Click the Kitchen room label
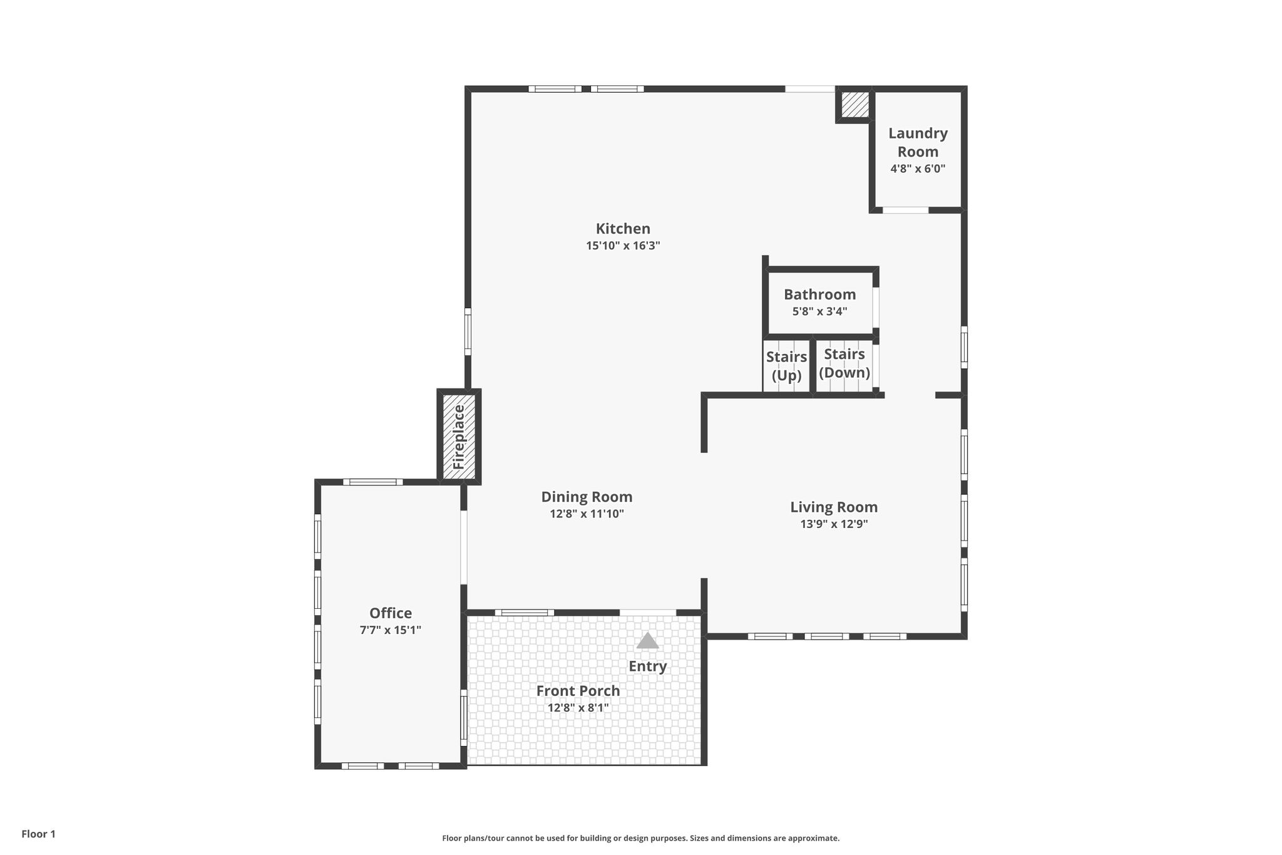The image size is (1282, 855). point(623,229)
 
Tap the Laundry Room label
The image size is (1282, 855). point(918,142)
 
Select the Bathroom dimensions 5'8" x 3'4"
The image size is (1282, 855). point(819,311)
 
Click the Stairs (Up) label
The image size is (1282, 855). point(786,366)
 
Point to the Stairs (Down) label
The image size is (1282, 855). point(844,363)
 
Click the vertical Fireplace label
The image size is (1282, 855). point(459,437)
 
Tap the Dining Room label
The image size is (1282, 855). point(587,497)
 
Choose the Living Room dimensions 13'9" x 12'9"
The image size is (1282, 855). point(834,524)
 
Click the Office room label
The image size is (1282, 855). point(391,613)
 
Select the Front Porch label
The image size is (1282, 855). point(578,691)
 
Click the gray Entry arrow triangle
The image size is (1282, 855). point(647,641)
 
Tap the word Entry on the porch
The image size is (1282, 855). point(648,666)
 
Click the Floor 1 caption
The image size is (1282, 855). point(39,834)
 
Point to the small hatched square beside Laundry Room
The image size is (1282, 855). point(854,105)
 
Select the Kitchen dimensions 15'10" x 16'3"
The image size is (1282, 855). point(623,246)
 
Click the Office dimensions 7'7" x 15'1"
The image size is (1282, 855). point(391,630)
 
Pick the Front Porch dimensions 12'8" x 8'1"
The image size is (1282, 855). point(578,708)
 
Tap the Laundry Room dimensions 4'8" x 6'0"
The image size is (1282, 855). point(918,168)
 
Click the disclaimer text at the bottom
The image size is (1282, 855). point(641,838)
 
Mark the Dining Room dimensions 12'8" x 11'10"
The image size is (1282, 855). point(587,514)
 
